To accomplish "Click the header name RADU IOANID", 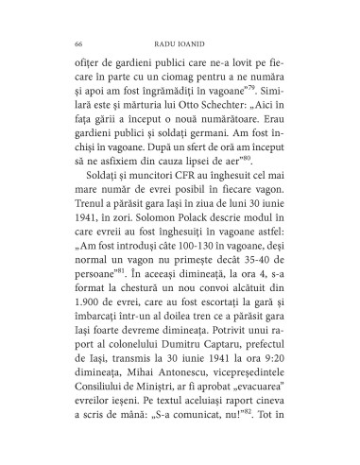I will pyautogui.click(x=180, y=43).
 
